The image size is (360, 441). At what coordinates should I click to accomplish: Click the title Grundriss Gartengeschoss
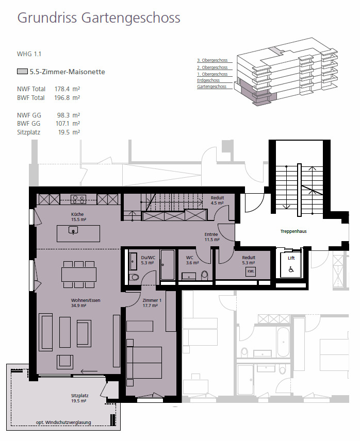click(99, 18)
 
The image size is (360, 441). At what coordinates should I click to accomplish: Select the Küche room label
click(78, 214)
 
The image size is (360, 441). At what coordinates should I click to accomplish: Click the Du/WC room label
click(148, 257)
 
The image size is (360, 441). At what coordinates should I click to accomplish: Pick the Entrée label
click(211, 234)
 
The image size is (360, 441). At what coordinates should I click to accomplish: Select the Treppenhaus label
click(293, 231)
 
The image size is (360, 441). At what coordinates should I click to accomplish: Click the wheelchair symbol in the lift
click(291, 268)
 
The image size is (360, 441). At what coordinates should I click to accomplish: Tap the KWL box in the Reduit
click(251, 271)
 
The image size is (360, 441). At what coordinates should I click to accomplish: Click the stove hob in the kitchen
click(78, 198)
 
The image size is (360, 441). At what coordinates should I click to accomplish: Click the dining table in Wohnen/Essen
click(79, 274)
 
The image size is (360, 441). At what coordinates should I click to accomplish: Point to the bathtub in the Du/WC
click(167, 265)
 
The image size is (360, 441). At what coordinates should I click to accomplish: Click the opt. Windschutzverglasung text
click(63, 422)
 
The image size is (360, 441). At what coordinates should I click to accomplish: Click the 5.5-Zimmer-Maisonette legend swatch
click(22, 72)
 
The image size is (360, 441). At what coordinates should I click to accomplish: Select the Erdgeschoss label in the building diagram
click(208, 80)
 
